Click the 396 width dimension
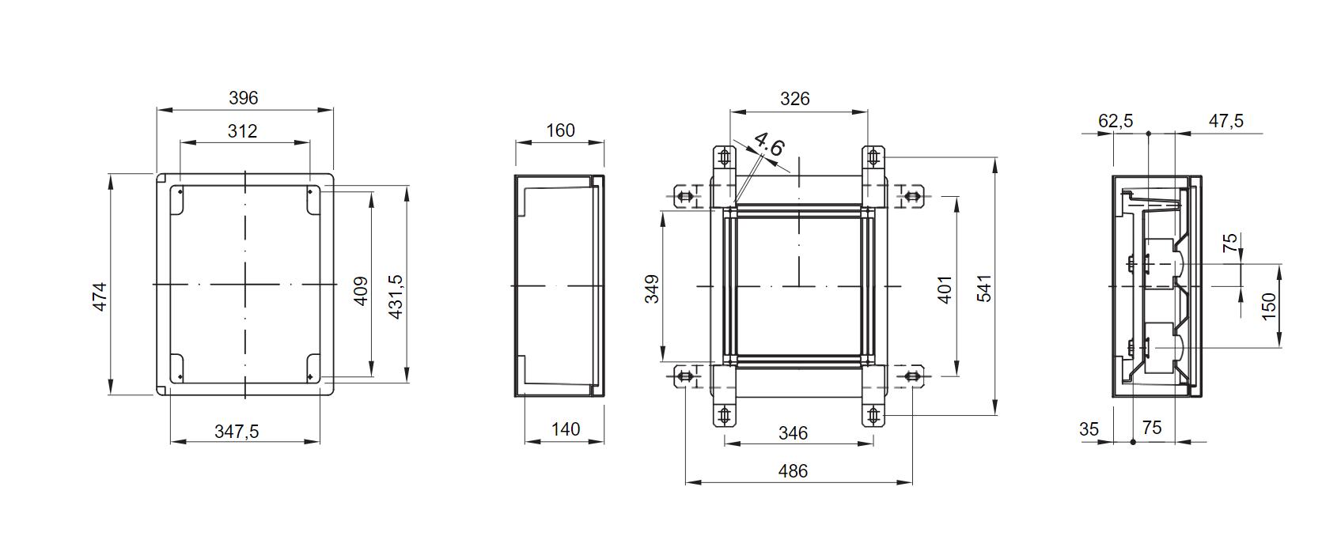tap(243, 98)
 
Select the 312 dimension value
tap(242, 131)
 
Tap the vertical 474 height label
tap(100, 296)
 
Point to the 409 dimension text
tap(361, 291)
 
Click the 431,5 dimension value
tap(395, 296)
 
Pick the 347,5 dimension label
tap(237, 432)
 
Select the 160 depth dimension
tap(560, 130)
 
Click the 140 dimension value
tap(565, 429)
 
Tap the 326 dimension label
tap(794, 99)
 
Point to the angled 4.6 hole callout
tap(768, 145)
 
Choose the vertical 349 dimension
tap(652, 289)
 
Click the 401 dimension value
tap(945, 289)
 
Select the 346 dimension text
tap(793, 433)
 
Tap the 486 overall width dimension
tap(793, 471)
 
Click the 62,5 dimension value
tap(1116, 121)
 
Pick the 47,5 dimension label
tap(1225, 121)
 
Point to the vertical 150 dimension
tap(1268, 305)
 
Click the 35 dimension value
tap(1089, 429)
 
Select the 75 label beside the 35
tap(1152, 428)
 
